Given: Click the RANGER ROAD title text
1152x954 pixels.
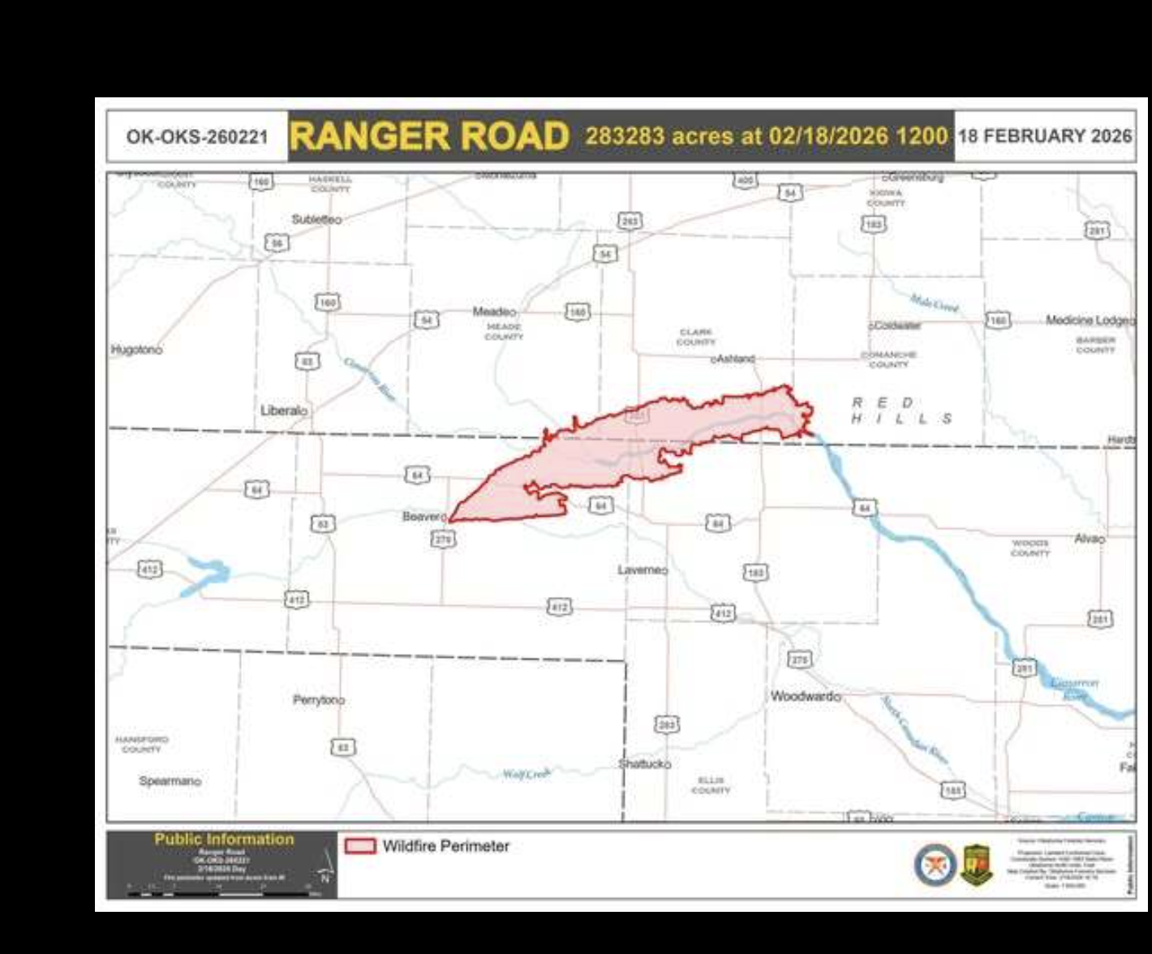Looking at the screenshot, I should [x=429, y=136].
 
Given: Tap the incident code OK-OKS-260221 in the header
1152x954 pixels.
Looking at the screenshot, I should [x=197, y=136].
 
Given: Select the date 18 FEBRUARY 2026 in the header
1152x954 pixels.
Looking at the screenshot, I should [x=1045, y=135].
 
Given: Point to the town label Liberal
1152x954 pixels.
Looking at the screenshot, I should [x=281, y=410].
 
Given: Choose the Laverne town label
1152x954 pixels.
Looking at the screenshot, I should [x=640, y=569].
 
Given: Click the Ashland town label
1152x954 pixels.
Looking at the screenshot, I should [x=735, y=358].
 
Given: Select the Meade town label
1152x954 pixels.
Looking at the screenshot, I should [x=493, y=312].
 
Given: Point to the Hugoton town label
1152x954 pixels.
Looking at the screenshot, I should [x=135, y=350].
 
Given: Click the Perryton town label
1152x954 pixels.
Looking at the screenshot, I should [x=317, y=699].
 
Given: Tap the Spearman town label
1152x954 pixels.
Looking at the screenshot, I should [x=169, y=781].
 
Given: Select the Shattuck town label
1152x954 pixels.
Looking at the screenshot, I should [x=643, y=764].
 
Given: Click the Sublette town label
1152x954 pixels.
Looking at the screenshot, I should [x=315, y=219].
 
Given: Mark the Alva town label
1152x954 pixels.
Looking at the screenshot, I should [x=1087, y=539].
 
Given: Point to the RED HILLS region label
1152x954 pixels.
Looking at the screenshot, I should [x=901, y=411].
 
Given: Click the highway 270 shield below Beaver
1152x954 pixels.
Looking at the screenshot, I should [x=443, y=539].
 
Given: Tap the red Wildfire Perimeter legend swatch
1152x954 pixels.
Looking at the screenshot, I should [x=360, y=846].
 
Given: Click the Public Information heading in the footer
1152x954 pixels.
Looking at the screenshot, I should [x=224, y=840].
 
